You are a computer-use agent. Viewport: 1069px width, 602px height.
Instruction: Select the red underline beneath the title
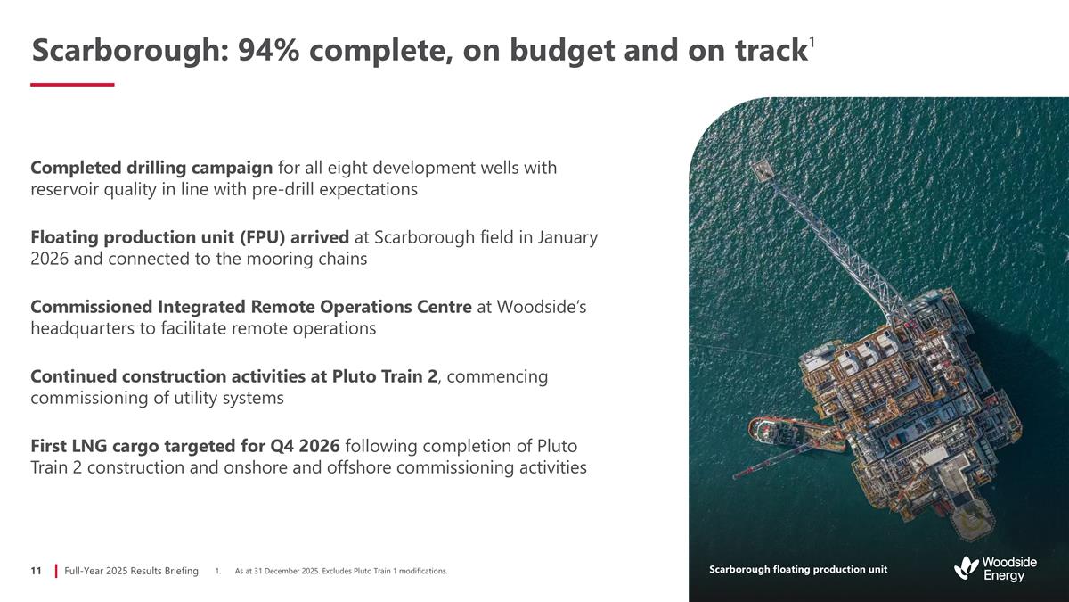72,84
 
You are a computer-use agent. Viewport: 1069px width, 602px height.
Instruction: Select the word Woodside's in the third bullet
542,307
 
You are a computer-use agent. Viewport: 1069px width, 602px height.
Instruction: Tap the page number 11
37,570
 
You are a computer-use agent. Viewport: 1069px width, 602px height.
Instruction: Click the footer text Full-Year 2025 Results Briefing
131,570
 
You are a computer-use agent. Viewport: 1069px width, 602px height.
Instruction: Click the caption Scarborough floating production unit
797,569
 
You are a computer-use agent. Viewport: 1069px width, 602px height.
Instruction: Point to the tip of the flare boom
763,169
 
